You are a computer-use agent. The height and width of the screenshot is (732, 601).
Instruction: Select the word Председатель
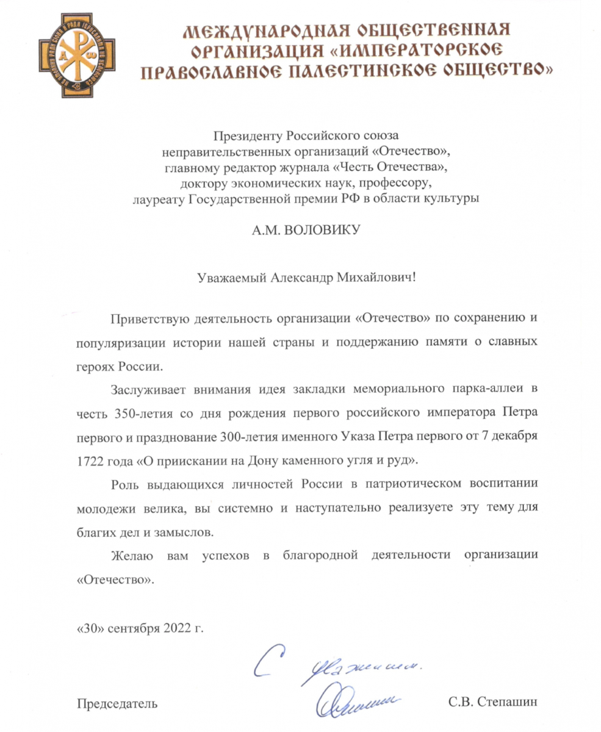(x=115, y=703)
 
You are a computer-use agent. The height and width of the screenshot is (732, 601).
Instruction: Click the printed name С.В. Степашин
(x=492, y=703)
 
